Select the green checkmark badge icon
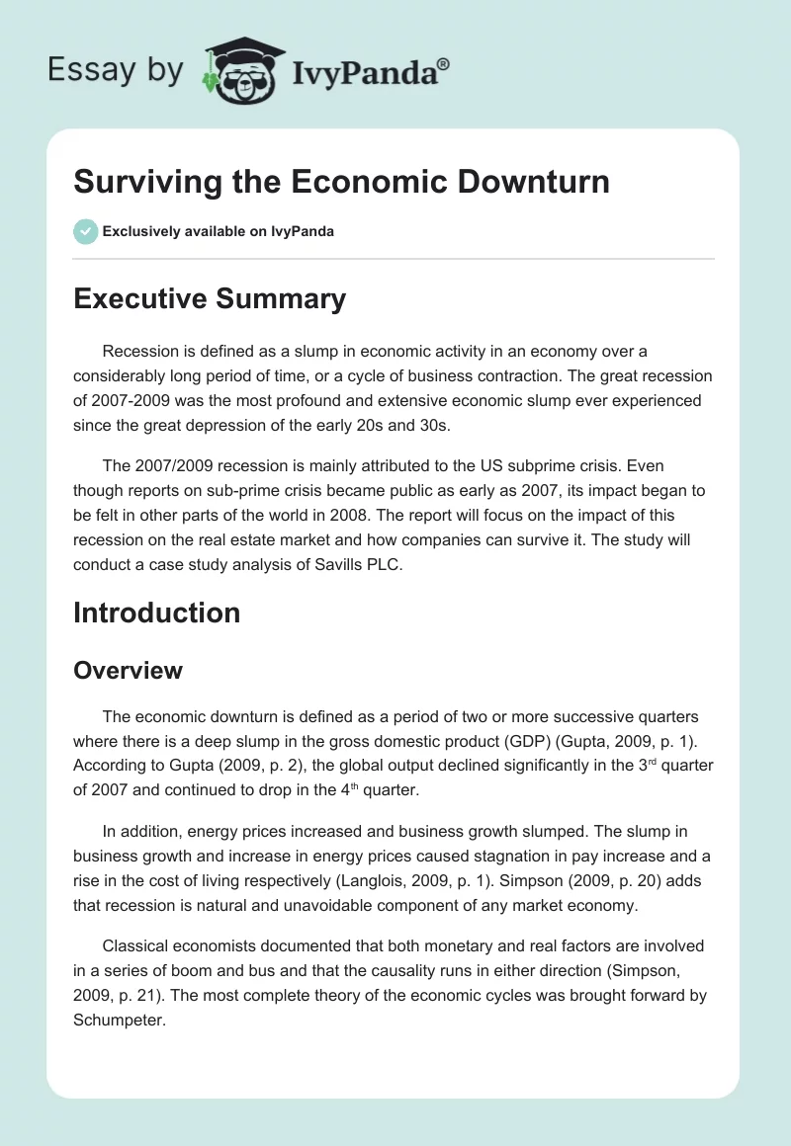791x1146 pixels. pyautogui.click(x=85, y=231)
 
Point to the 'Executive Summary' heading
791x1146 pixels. pyautogui.click(x=210, y=298)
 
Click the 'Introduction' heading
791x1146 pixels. pyautogui.click(x=156, y=613)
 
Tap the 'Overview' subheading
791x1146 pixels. pyautogui.click(x=128, y=670)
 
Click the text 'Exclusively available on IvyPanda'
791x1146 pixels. pyautogui.click(x=219, y=231)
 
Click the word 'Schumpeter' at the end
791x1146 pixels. pyautogui.click(x=117, y=1020)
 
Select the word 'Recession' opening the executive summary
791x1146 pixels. pyautogui.click(x=141, y=351)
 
